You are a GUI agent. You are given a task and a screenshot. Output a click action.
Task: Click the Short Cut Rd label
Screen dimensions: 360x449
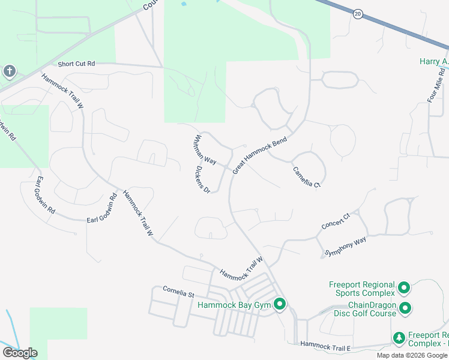pyautogui.click(x=77, y=64)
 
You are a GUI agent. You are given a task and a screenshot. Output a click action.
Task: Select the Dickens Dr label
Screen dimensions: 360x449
pyautogui.click(x=202, y=179)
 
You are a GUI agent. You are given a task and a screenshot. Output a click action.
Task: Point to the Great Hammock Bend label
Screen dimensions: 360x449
pyautogui.click(x=260, y=155)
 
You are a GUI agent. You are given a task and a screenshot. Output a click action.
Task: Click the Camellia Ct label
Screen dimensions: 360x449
pyautogui.click(x=307, y=176)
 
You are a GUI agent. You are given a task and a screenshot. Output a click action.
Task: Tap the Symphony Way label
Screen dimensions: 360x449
pyautogui.click(x=345, y=247)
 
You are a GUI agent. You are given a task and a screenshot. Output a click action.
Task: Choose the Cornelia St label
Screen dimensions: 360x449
pyautogui.click(x=179, y=292)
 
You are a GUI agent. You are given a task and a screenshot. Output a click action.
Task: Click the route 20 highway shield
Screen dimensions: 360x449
pyautogui.click(x=358, y=13)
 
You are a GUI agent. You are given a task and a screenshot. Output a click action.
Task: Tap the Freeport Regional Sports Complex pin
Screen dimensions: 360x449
pyautogui.click(x=404, y=289)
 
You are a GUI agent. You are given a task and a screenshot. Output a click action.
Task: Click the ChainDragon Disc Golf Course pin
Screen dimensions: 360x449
pyautogui.click(x=405, y=309)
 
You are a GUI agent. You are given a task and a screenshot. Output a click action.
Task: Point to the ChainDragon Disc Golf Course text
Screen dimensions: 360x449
pyautogui.click(x=364, y=309)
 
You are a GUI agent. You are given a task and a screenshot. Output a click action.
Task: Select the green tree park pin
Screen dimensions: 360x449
pyautogui.click(x=399, y=339)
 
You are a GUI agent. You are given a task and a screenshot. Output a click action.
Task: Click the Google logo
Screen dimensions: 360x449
pyautogui.click(x=20, y=353)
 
